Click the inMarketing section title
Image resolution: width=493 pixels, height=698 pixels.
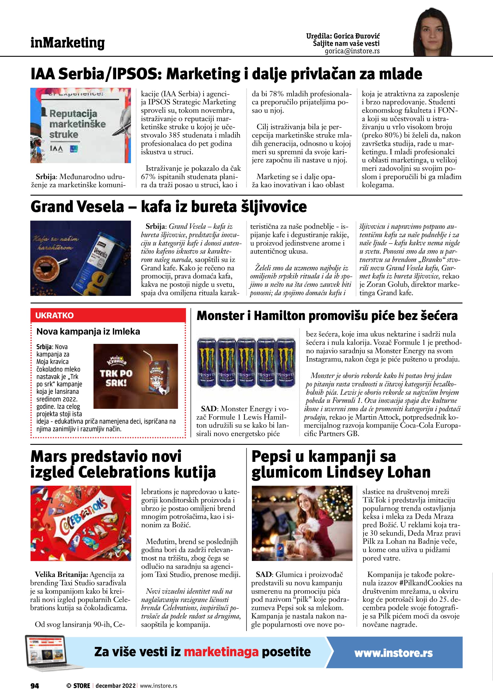pyautogui.click(x=67, y=43)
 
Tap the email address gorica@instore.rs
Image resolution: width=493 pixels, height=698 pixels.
pyautogui.click(x=352, y=51)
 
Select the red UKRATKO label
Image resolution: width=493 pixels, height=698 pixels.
pyautogui.click(x=55, y=315)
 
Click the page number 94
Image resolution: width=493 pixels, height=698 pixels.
pyautogui.click(x=35, y=686)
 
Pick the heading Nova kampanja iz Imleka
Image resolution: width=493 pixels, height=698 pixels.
pyautogui.click(x=88, y=331)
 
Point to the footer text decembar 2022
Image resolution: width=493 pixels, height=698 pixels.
pyautogui.click(x=115, y=686)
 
